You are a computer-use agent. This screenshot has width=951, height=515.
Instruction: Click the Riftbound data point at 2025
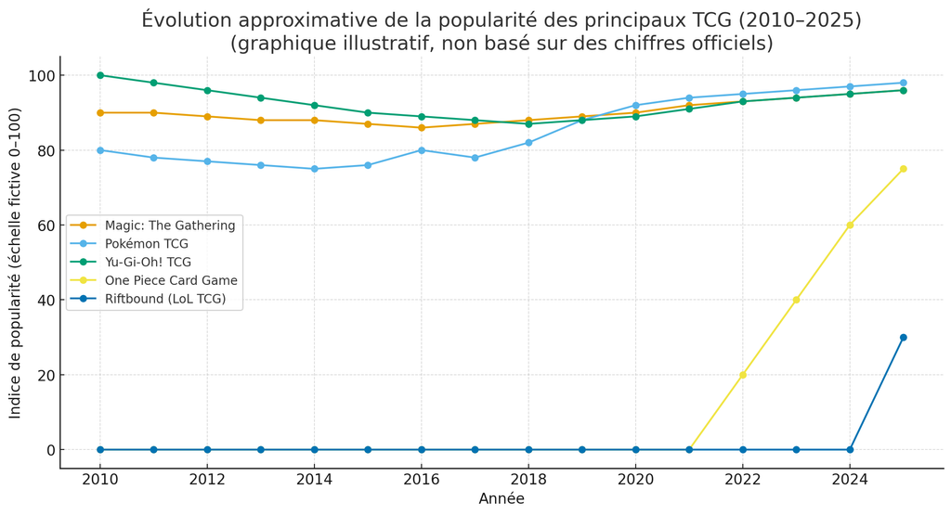[903, 338]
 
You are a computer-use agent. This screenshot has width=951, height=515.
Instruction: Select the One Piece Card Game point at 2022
[742, 375]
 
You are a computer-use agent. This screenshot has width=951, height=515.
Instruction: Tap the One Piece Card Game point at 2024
[850, 225]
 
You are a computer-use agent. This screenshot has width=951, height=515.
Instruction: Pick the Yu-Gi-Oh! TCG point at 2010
[100, 75]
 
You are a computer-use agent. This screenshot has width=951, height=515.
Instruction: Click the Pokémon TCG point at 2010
[100, 150]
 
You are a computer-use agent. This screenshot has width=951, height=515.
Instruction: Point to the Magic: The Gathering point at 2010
[100, 113]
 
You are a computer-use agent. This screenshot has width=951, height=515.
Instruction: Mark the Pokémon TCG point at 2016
[422, 150]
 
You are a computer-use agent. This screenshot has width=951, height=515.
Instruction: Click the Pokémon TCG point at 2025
[903, 83]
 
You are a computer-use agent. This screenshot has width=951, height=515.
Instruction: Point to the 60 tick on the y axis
[44, 225]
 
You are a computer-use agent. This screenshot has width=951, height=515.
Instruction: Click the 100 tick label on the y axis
[37, 75]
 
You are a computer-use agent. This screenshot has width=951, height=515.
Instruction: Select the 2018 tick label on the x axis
[528, 479]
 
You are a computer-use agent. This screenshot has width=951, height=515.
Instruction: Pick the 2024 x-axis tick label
[850, 479]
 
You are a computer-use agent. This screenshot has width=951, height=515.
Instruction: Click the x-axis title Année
[502, 499]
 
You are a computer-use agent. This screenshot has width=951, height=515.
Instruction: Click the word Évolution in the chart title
[186, 19]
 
